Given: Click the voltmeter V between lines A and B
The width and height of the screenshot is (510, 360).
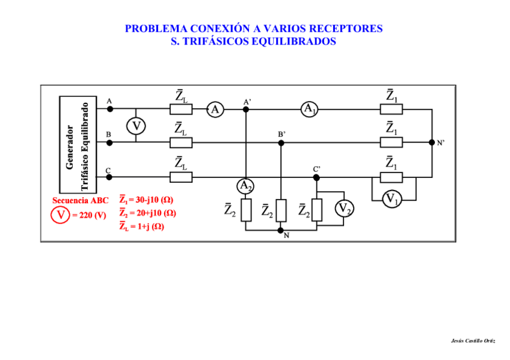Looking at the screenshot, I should [137, 126].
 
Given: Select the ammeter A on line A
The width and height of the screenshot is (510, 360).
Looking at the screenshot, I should [215, 109].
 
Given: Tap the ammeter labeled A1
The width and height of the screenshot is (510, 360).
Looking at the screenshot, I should [309, 109].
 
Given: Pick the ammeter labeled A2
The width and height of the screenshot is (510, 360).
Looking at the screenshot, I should [245, 186].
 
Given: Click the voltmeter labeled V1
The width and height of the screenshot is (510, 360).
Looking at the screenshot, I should [392, 198].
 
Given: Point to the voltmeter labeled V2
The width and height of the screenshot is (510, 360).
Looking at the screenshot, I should [343, 209].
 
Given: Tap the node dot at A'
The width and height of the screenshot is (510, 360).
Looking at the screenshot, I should [245, 109].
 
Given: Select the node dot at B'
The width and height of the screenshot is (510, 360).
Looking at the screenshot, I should [281, 143].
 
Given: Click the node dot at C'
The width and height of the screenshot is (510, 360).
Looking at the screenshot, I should [317, 177].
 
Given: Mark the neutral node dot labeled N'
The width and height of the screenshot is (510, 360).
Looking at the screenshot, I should [432, 142].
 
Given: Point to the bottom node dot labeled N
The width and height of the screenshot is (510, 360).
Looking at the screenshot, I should [281, 230].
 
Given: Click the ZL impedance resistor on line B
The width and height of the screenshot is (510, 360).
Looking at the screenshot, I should [180, 143].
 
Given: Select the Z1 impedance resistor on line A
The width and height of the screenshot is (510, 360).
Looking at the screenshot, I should [392, 109].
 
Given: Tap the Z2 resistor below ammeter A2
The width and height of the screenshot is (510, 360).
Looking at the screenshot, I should [245, 209].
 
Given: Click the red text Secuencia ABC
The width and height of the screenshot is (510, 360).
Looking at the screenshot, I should [81, 200].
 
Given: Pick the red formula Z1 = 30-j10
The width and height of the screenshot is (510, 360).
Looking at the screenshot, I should [147, 200].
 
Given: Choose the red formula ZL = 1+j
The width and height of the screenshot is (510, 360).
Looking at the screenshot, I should [142, 227].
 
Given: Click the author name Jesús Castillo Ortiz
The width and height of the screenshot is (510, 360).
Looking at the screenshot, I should [473, 341].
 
